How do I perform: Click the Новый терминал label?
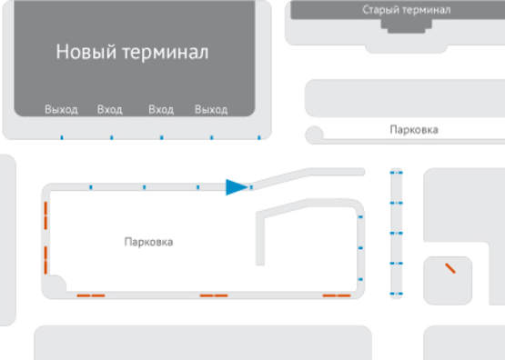point(132,52)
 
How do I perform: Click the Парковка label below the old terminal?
point(413,130)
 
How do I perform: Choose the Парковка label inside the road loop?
point(148,242)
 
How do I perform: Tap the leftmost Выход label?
point(61,110)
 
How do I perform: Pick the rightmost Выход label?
point(210,110)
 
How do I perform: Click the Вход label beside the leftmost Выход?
point(109,110)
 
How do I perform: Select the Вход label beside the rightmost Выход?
point(160,110)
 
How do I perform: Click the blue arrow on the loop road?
point(237,187)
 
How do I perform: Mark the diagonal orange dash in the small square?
point(449,268)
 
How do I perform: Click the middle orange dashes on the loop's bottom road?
point(214,295)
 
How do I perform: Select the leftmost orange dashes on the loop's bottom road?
point(90,295)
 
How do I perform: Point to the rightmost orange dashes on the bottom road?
point(337,295)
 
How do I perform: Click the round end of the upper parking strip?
point(315,135)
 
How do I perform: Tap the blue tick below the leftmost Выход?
point(61,138)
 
